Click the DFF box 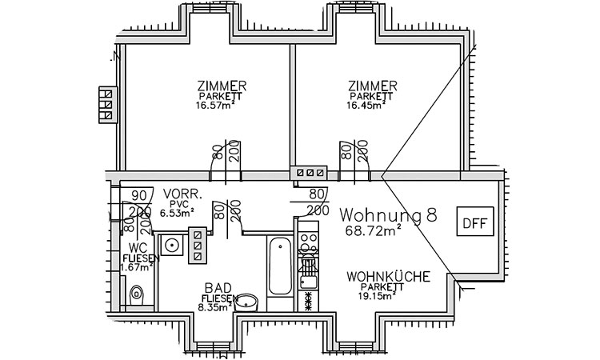474,222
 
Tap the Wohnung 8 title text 388,214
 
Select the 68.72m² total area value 374,231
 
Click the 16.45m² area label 370,105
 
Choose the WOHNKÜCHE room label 389,277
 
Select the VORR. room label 181,195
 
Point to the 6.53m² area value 178,213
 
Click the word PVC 178,204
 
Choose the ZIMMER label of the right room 373,86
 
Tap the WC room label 137,248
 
